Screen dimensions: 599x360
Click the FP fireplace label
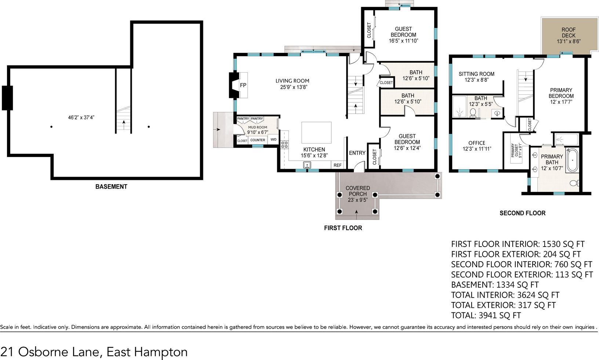click(243, 85)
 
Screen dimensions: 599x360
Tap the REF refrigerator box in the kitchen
click(337, 165)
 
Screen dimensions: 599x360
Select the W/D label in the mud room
click(273, 139)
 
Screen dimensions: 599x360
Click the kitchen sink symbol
click(307, 165)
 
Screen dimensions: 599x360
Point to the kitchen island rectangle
click(316, 132)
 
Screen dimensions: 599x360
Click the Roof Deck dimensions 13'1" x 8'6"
click(569, 41)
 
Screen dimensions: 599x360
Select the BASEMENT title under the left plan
click(111, 187)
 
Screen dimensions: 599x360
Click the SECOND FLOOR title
click(523, 213)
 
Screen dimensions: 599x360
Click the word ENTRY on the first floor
click(357, 153)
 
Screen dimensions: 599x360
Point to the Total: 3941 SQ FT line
click(486, 315)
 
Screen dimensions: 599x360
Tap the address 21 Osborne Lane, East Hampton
click(94, 352)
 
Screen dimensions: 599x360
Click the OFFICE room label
click(477, 143)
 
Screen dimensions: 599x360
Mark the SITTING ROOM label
click(476, 74)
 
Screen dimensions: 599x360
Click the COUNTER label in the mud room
click(258, 140)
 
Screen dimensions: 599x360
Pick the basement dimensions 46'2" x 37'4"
click(81, 117)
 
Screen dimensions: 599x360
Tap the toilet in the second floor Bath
click(472, 113)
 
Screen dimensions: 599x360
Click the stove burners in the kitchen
click(284, 145)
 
